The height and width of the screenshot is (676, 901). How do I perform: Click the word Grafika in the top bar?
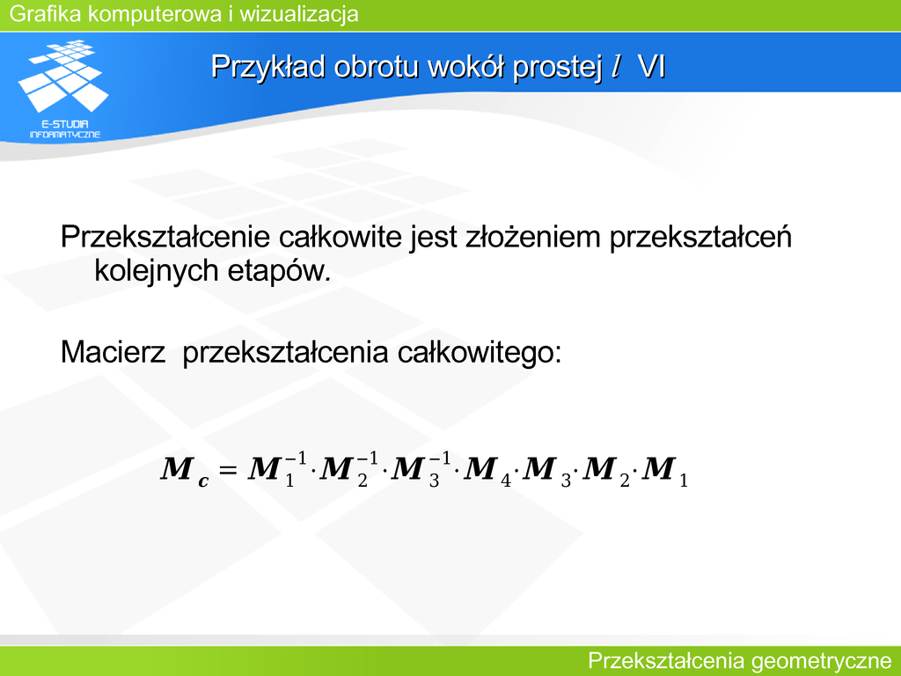[x=46, y=14]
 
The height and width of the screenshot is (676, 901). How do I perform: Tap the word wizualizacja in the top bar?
[x=299, y=14]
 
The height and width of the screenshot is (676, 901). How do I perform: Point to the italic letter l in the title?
[x=616, y=66]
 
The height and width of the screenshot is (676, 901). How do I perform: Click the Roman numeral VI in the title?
[x=652, y=67]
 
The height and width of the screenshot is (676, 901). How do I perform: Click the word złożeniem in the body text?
[x=532, y=237]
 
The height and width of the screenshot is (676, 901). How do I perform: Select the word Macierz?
[x=113, y=352]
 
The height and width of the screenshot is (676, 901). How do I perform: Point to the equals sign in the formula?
[x=228, y=470]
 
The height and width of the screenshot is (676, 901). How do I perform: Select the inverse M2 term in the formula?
[x=349, y=469]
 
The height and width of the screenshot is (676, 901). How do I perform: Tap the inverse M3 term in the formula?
[x=421, y=469]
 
